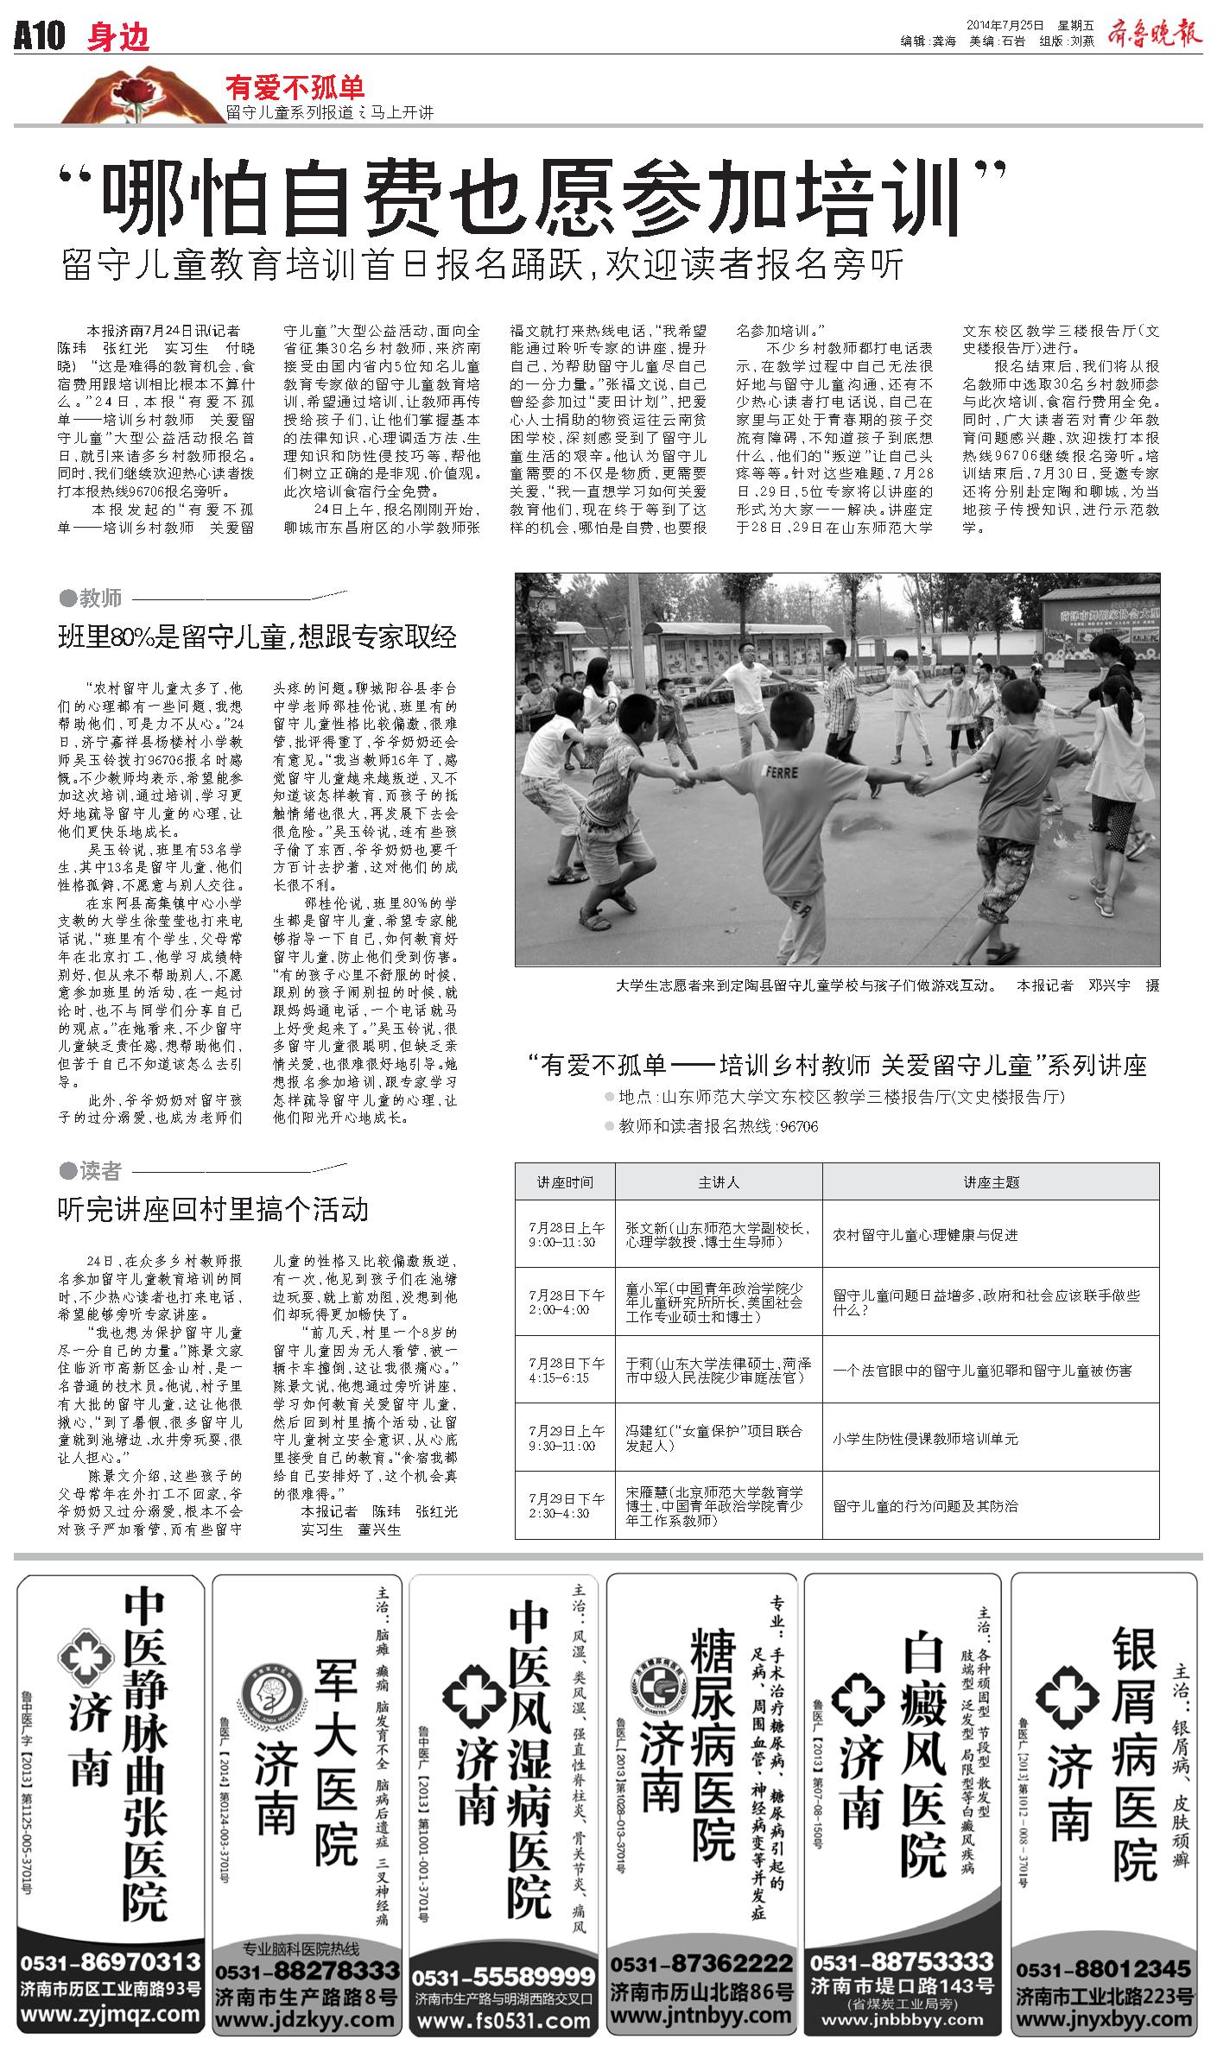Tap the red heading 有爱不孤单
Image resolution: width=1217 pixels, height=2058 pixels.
click(295, 86)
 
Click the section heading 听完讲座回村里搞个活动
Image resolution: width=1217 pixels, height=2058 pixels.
click(212, 1209)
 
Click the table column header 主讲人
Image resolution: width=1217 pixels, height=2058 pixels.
click(718, 1181)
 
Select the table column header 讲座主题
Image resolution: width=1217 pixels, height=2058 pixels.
click(991, 1181)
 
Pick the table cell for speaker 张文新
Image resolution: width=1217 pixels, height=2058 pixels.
click(718, 1234)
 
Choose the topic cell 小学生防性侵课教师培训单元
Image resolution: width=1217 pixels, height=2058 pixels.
click(925, 1439)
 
